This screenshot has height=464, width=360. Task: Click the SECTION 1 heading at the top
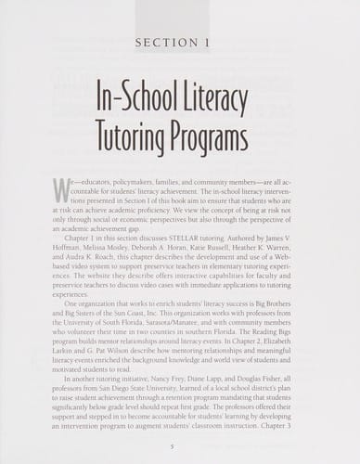coord(179,43)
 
